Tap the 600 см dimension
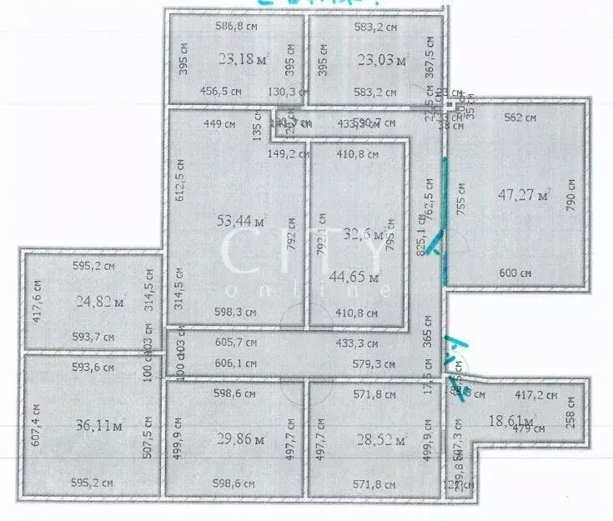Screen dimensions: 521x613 (515, 273)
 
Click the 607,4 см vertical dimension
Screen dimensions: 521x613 (36, 425)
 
